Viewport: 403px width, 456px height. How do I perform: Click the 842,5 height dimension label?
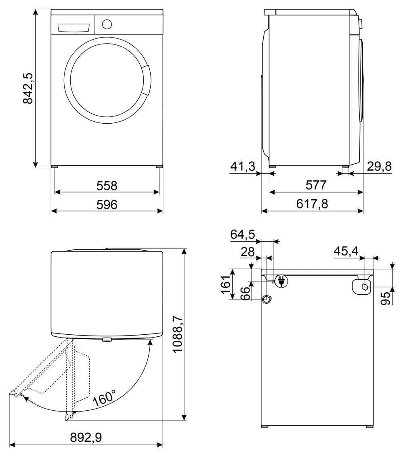[x=28, y=89]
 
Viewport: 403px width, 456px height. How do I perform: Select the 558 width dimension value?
[x=107, y=186]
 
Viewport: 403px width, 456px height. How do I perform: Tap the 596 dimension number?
[x=107, y=205]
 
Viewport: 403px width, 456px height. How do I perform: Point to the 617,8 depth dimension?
[x=312, y=204]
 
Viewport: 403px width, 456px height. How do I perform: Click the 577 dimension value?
[x=316, y=185]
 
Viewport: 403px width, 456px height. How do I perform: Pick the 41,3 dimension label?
[x=243, y=167]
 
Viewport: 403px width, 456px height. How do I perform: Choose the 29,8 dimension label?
[x=379, y=166]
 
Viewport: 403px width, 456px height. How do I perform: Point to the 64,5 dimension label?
[x=243, y=234]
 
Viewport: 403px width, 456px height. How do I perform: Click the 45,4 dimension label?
[x=346, y=251]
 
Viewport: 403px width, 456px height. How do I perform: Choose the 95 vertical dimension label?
[x=386, y=298]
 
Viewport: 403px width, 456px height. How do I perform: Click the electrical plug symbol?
[x=281, y=281]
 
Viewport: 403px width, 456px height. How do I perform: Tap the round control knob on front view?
[x=107, y=24]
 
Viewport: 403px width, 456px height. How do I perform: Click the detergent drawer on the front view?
[x=73, y=27]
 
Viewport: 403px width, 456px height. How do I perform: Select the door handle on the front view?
[x=147, y=80]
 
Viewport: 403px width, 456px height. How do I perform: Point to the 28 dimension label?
[x=248, y=252]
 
